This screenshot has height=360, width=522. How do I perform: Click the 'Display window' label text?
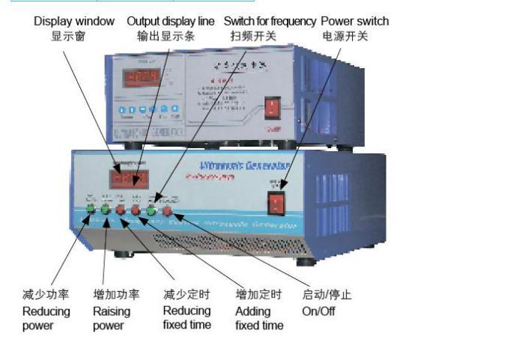coord(74,21)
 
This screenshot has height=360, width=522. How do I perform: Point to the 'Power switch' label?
coord(355,21)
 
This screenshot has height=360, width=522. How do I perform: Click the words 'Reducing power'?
coord(46,318)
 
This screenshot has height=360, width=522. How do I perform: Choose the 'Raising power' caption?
coord(112,318)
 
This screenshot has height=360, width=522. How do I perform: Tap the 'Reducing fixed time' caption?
coord(186,317)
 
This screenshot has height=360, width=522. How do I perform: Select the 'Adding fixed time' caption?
coord(259,318)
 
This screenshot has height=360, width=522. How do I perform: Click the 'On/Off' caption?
coord(318,311)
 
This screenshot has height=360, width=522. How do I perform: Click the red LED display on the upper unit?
coord(142,77)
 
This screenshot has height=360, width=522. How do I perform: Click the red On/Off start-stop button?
coord(167,210)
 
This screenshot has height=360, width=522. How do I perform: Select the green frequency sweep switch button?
coord(151,210)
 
